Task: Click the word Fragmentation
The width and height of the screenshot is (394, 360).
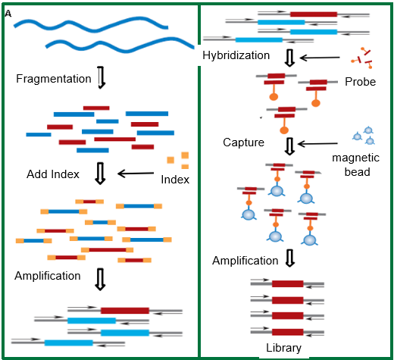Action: pyautogui.click(x=54, y=79)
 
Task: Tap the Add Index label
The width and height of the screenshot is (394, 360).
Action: pyautogui.click(x=53, y=174)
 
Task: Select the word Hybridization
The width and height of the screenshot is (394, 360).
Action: pyautogui.click(x=236, y=55)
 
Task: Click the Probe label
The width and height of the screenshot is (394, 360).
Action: pyautogui.click(x=361, y=82)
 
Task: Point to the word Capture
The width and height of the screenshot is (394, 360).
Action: pyautogui.click(x=243, y=142)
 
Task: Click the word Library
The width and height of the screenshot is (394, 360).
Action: pyautogui.click(x=283, y=348)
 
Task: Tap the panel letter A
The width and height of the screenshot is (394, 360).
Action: pyautogui.click(x=8, y=14)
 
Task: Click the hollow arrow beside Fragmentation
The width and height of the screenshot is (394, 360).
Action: pyautogui.click(x=102, y=77)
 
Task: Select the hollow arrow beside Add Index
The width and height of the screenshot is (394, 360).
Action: pyautogui.click(x=100, y=174)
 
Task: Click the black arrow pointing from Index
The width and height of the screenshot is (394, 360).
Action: pyautogui.click(x=136, y=174)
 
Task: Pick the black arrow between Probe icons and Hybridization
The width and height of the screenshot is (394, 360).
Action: pyautogui.click(x=320, y=58)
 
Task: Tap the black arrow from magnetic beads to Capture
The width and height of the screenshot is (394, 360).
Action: pyautogui.click(x=318, y=144)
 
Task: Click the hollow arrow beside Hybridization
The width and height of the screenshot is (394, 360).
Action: pyautogui.click(x=289, y=58)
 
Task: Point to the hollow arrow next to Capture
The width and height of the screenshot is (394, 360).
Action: pyautogui.click(x=289, y=146)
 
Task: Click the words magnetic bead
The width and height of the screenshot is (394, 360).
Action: pyautogui.click(x=356, y=164)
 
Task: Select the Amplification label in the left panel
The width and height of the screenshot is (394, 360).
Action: pyautogui.click(x=48, y=276)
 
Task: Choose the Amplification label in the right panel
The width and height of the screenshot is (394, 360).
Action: pyautogui.click(x=245, y=261)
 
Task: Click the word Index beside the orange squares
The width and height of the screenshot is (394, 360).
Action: pyautogui.click(x=175, y=180)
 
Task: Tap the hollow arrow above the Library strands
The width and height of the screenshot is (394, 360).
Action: pyautogui.click(x=290, y=258)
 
